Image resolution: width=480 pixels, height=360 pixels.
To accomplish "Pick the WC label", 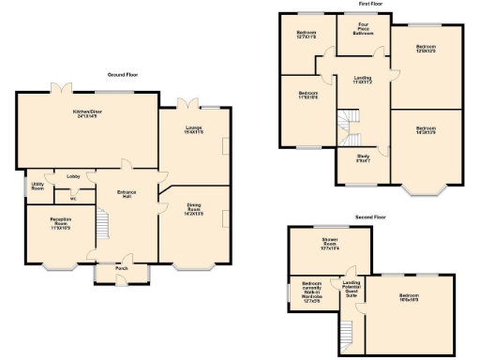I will (x=72, y=198).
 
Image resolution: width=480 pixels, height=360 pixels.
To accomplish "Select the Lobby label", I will (x=73, y=175).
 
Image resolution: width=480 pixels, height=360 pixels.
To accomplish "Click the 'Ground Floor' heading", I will (x=124, y=74).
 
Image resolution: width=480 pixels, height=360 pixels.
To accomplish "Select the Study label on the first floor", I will (x=363, y=158).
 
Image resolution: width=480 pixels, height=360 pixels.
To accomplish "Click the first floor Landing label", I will (x=362, y=81).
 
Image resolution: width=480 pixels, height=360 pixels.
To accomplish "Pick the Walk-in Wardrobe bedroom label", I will (x=312, y=292).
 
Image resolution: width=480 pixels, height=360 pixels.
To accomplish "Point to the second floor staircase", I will (x=345, y=334).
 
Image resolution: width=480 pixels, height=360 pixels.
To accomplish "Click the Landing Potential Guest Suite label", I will (x=352, y=288).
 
